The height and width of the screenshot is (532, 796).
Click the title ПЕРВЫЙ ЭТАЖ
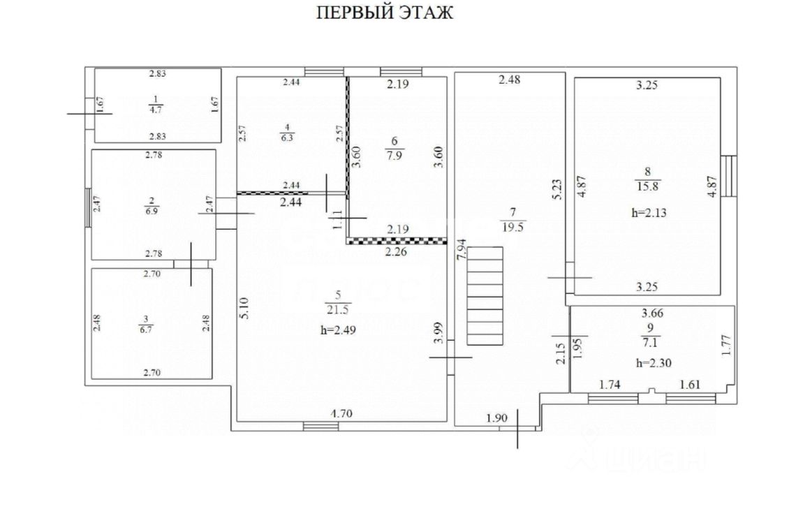tap(385, 13)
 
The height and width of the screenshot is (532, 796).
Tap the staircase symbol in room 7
tap(485, 295)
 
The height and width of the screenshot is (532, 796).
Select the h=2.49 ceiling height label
tap(339, 331)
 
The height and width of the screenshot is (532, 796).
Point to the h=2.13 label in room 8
tap(649, 214)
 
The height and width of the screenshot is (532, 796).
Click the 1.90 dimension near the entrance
tap(496, 418)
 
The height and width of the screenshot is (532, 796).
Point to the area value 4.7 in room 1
tap(156, 109)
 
